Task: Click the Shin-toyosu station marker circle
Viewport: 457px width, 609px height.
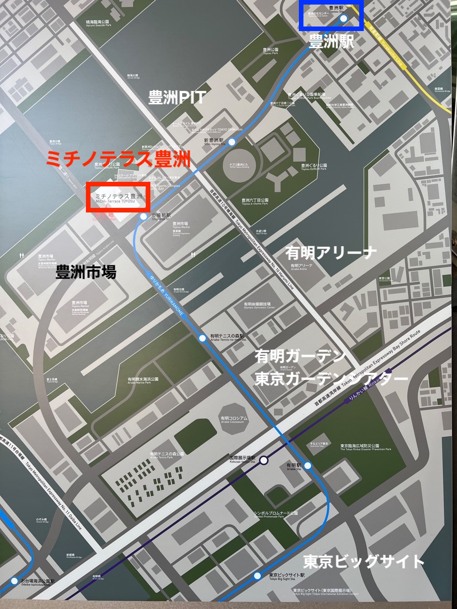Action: pos(232,142)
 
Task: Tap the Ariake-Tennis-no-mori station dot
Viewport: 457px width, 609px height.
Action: pos(202,338)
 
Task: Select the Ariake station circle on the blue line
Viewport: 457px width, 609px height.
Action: pos(308,466)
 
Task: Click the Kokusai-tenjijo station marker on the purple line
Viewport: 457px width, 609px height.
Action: pos(264,460)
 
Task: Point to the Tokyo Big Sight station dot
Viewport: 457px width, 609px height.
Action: pos(258,576)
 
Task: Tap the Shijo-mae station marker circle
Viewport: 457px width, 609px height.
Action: pos(143,216)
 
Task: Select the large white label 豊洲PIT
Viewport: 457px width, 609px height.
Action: pos(177,97)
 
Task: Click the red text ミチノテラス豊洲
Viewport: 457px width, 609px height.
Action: pos(118,159)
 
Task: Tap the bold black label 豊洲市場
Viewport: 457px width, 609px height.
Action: pos(86,272)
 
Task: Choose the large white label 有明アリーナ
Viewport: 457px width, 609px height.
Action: pos(331,253)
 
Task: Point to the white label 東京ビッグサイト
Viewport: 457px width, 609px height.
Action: pos(364,561)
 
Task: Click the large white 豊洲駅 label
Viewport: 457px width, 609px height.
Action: pos(331,42)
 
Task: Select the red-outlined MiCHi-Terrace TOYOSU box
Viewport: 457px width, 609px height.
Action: pos(118,197)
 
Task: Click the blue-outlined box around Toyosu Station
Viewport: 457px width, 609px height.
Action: pos(331,15)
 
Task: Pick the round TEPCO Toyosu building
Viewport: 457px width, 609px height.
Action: pos(239,164)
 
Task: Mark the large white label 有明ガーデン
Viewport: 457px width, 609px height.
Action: pos(300,355)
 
